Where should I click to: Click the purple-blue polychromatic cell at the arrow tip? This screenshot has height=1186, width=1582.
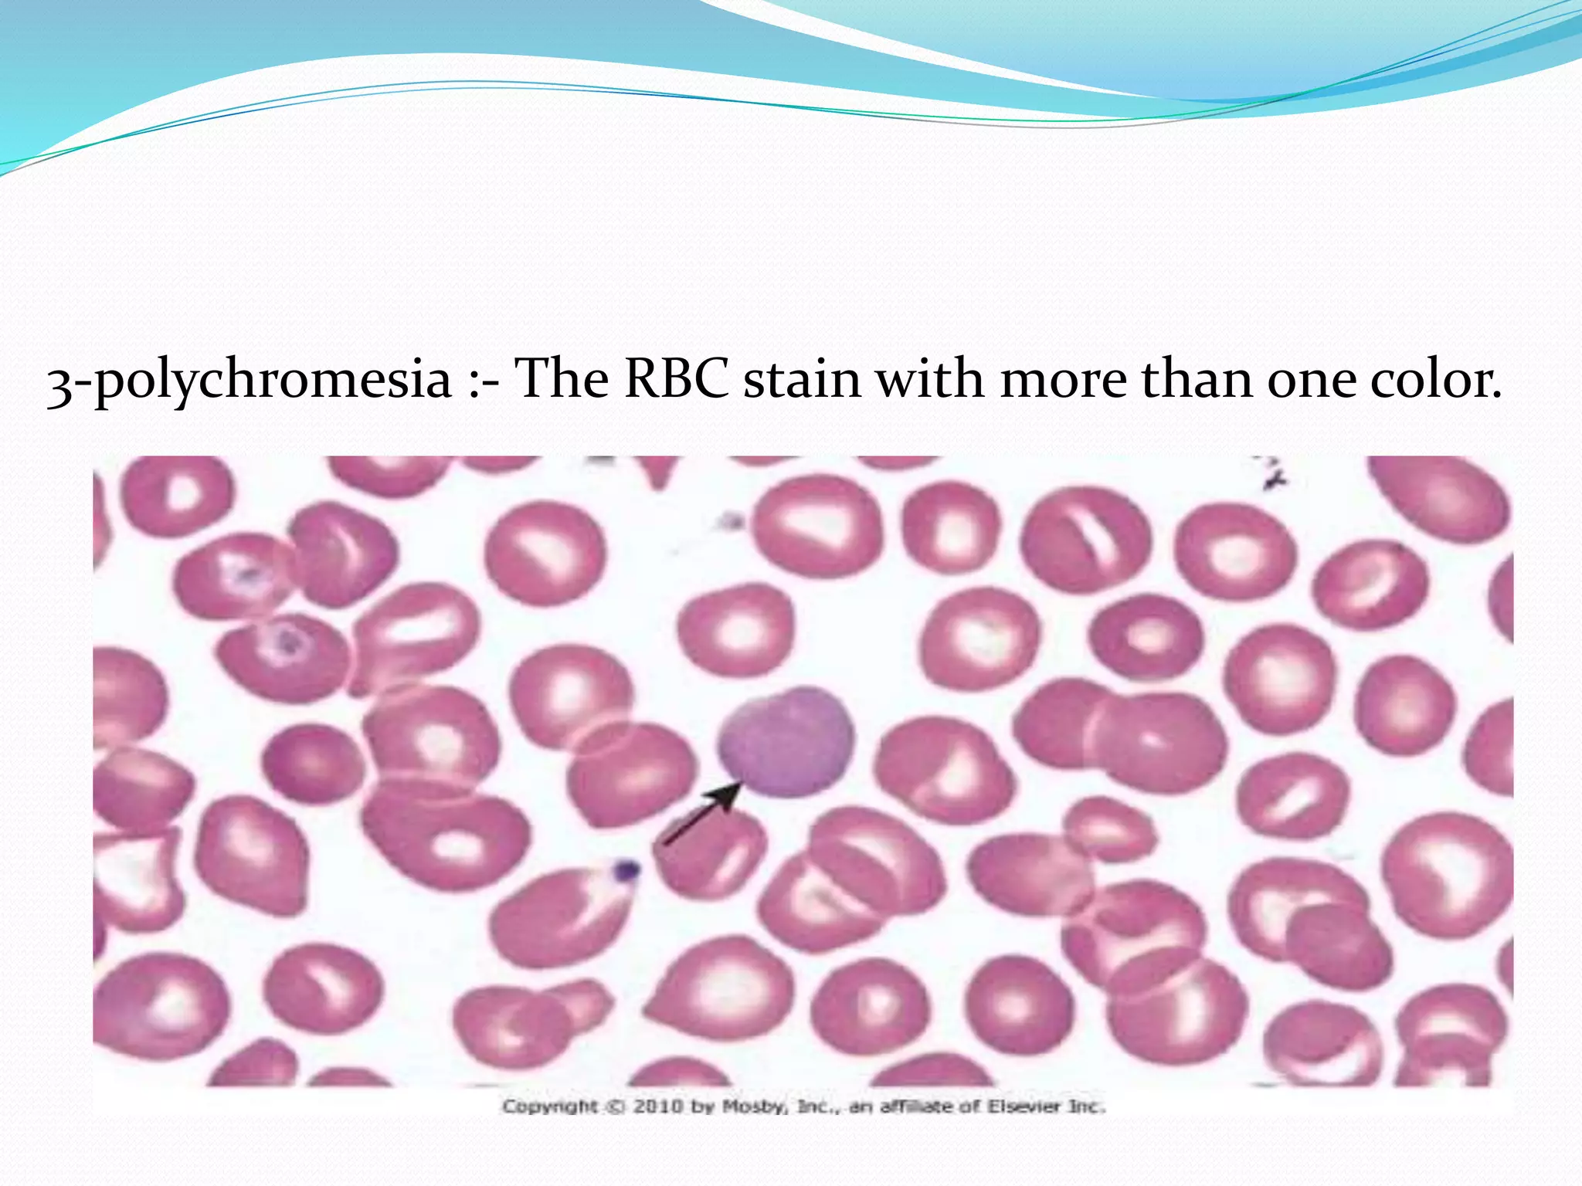(786, 741)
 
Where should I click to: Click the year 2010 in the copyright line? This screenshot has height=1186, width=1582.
(658, 1106)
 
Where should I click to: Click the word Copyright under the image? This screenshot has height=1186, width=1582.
(550, 1106)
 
